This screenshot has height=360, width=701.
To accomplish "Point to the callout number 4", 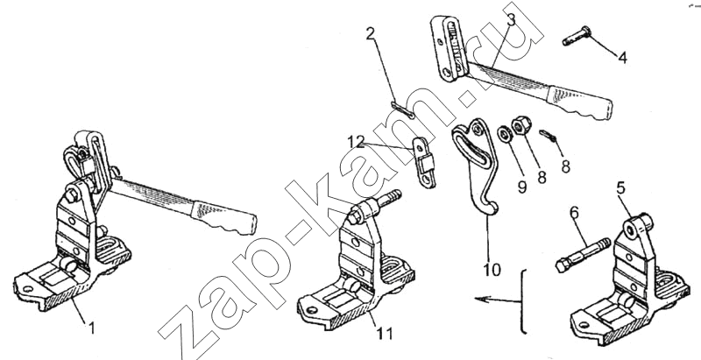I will (623, 58).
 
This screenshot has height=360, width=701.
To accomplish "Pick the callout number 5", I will (620, 187).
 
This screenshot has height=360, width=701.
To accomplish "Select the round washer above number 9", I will (506, 135).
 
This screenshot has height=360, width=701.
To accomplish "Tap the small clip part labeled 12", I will (424, 161).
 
